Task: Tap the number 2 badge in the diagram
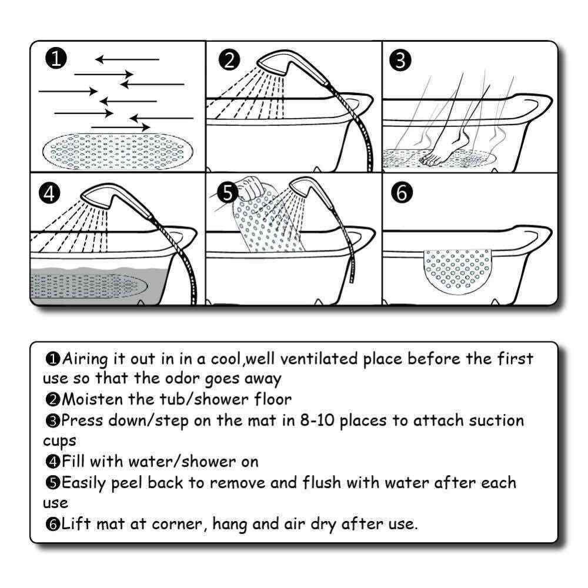(229, 59)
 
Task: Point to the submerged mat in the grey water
(88, 286)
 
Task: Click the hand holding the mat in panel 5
(247, 188)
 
